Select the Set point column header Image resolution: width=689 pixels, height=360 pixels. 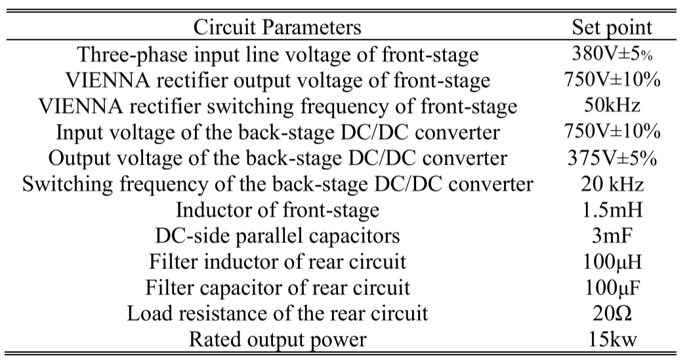pos(612,28)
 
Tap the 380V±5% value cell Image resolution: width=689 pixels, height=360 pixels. pos(612,54)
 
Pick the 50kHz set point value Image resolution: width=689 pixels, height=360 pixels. pos(612,106)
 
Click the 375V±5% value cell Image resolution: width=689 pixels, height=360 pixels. pos(612,158)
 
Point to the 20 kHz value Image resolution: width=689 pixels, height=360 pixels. pos(612,184)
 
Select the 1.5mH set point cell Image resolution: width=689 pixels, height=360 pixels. pos(612,210)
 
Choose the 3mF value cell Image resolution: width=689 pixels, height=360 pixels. pos(612,235)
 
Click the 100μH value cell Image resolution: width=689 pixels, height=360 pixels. pos(612,262)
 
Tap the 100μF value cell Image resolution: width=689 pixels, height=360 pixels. pos(612,287)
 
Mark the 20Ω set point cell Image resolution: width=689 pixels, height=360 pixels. pos(612,313)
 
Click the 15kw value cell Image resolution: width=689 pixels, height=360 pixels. pos(612,339)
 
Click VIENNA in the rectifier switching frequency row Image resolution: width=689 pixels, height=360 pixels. pos(73,106)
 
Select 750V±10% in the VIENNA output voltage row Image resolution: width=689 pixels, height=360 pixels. pos(612,79)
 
